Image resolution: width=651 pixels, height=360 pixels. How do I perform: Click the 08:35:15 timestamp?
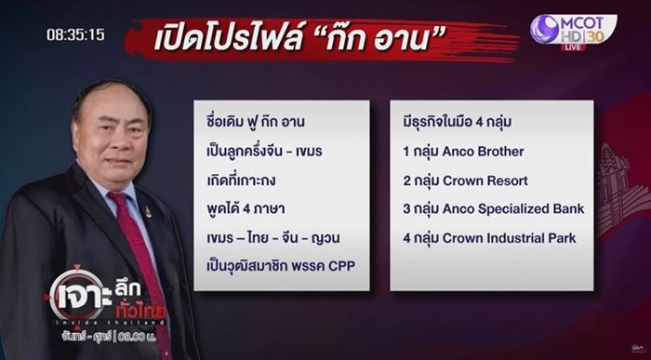coord(75,34)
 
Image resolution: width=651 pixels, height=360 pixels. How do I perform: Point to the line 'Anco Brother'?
coord(458,151)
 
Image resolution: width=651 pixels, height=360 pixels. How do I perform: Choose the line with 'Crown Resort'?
coord(460,180)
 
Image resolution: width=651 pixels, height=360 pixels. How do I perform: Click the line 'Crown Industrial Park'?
coord(489,238)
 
